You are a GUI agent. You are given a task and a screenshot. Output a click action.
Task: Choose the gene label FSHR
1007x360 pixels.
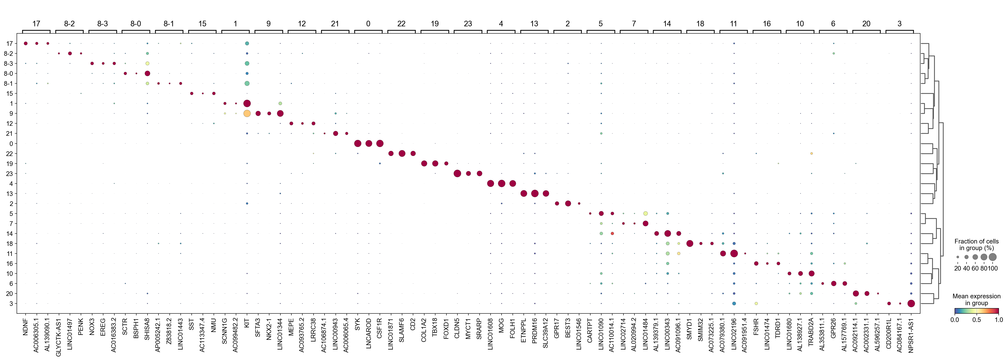(756, 325)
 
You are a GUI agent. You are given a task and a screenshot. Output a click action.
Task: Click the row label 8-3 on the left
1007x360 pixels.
(8, 63)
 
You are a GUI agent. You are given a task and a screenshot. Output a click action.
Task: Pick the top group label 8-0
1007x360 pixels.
(136, 24)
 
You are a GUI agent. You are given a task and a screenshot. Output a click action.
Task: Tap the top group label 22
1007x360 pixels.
(402, 24)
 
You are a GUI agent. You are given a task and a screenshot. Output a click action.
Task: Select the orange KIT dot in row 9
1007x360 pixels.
(247, 113)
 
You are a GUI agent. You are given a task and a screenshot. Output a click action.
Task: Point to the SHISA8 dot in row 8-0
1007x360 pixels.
(147, 73)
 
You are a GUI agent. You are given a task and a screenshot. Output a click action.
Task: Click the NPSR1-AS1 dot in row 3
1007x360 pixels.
(911, 303)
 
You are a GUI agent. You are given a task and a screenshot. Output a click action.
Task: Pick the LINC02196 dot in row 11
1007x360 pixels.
(734, 253)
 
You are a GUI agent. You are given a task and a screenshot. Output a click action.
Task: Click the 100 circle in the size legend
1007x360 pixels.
(993, 257)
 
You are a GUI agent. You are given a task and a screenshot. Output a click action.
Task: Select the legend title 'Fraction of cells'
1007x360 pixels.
(976, 242)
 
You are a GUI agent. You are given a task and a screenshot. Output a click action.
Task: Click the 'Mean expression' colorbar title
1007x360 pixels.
(976, 296)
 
